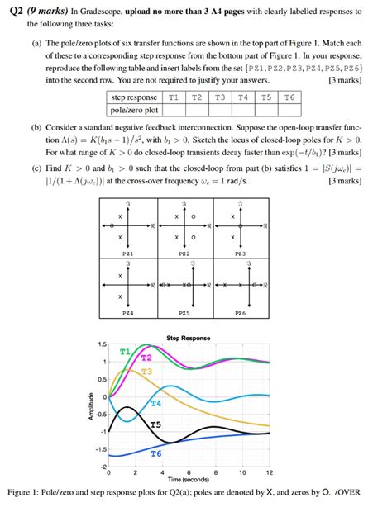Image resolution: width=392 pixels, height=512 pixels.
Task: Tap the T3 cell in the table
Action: click(219, 97)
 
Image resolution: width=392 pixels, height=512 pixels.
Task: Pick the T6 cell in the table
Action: click(289, 97)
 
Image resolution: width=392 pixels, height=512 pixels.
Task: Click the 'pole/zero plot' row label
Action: click(135, 109)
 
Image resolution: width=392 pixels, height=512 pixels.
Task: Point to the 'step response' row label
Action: click(135, 97)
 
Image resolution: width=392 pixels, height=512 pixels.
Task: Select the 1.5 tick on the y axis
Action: click(101, 344)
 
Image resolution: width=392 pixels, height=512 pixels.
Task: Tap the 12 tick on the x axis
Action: click(269, 471)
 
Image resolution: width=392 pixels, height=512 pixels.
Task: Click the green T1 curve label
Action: click(125, 351)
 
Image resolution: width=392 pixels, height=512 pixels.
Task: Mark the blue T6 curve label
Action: click(155, 454)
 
